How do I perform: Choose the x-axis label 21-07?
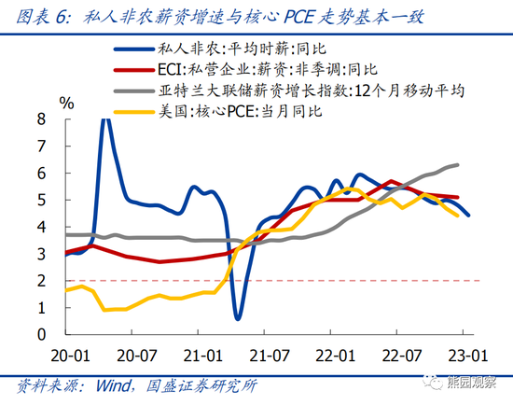click(268, 355)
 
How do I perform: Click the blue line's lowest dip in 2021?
click(239, 318)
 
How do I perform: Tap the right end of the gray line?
click(457, 165)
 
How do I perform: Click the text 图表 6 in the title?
click(38, 14)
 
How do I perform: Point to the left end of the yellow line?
click(65, 291)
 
